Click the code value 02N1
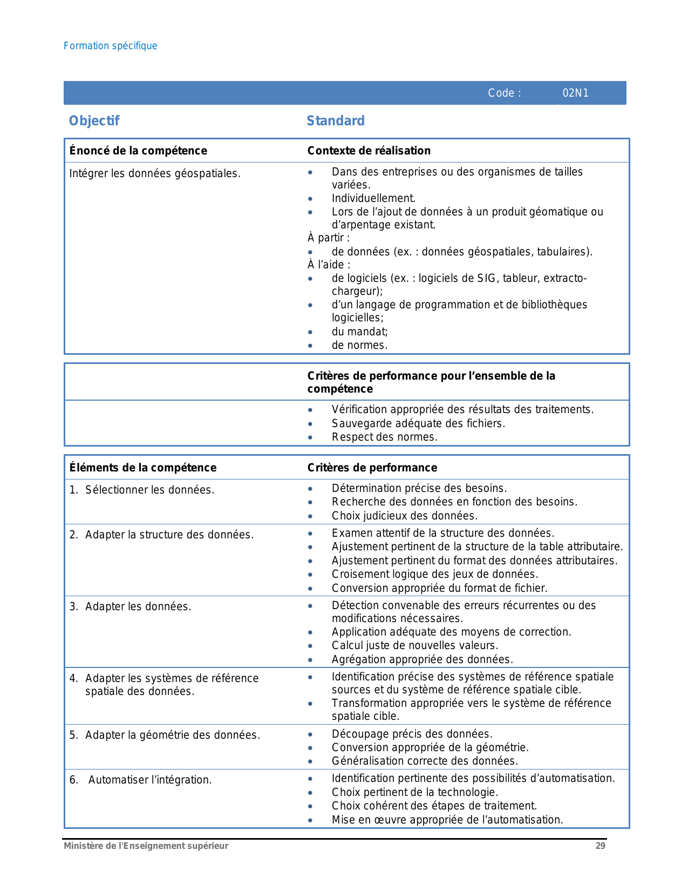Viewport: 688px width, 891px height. pyautogui.click(x=575, y=93)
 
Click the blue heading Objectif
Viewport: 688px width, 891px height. pyautogui.click(x=94, y=120)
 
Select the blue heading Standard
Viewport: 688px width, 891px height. pyautogui.click(x=336, y=120)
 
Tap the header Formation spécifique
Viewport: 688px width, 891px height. pyautogui.click(x=110, y=46)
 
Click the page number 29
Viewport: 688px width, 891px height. pyautogui.click(x=600, y=846)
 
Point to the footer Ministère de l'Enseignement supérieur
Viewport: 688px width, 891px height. pyautogui.click(x=146, y=846)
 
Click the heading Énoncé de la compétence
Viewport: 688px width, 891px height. pyautogui.click(x=138, y=151)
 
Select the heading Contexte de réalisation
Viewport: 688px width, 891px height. pyautogui.click(x=369, y=151)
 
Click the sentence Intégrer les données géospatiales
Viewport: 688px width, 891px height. pyautogui.click(x=155, y=173)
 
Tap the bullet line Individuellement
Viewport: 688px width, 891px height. pyautogui.click(x=373, y=198)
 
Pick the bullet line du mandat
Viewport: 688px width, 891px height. pyautogui.click(x=359, y=332)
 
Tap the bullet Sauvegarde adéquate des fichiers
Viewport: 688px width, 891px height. pyautogui.click(x=418, y=423)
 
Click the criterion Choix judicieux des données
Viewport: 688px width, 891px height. pyautogui.click(x=405, y=516)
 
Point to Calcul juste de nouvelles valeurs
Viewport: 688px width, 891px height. pyautogui.click(x=415, y=645)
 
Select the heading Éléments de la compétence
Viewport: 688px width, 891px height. pyautogui.click(x=143, y=468)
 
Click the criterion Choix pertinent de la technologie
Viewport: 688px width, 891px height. pyautogui.click(x=414, y=792)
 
